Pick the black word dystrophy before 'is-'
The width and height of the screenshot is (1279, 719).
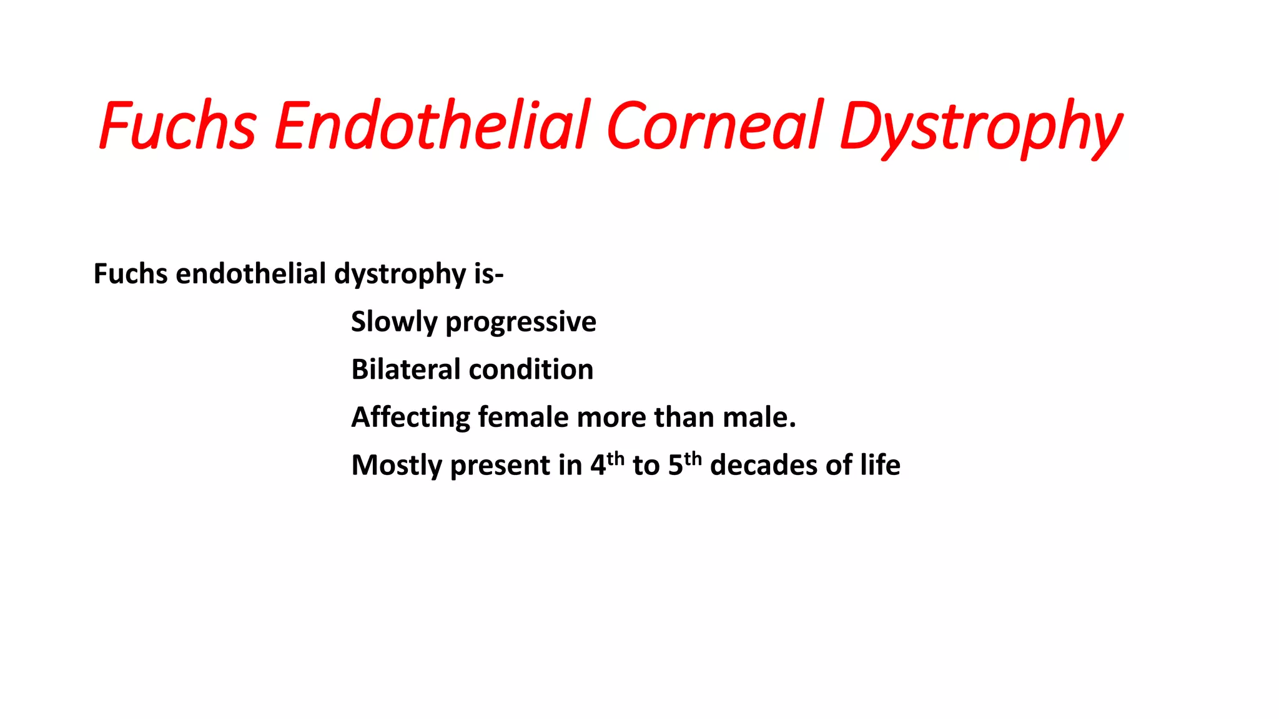pyautogui.click(x=400, y=275)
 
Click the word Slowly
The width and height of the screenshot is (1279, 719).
pyautogui.click(x=394, y=322)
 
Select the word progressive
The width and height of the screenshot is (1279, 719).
pyautogui.click(x=521, y=322)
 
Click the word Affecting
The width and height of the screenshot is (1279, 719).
pyautogui.click(x=411, y=418)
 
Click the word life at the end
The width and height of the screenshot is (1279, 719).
pyautogui.click(x=880, y=465)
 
